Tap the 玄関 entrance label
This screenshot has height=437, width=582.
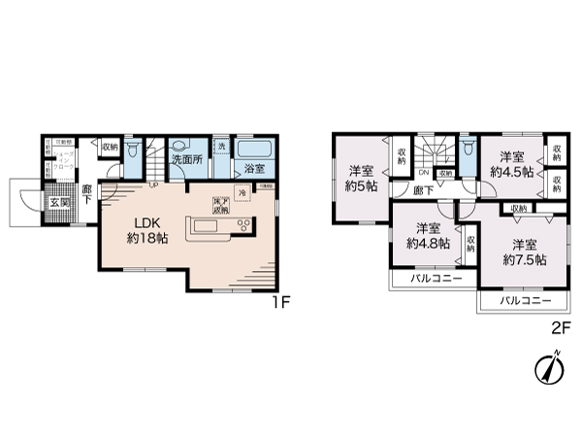(60, 203)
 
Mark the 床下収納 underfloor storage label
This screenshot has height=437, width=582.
(221, 207)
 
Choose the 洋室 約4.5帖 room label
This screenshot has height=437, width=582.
(511, 164)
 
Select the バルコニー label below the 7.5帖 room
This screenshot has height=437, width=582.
(520, 302)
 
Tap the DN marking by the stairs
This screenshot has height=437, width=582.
(424, 176)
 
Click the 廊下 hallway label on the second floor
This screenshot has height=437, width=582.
(424, 192)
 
